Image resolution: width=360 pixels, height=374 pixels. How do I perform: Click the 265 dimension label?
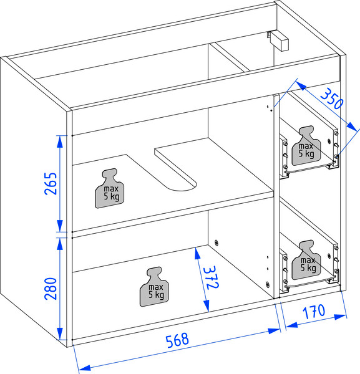pyautogui.click(x=51, y=183)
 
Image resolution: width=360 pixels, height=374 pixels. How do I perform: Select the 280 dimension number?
pyautogui.click(x=51, y=289)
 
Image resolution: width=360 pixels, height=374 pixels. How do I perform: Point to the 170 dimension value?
pyautogui.click(x=314, y=312)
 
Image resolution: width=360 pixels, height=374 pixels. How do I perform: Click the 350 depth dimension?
pyautogui.click(x=332, y=98)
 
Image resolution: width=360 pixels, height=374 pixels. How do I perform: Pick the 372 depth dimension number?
pyautogui.click(x=211, y=277)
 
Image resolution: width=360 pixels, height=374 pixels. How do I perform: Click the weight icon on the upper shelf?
pyautogui.click(x=110, y=188)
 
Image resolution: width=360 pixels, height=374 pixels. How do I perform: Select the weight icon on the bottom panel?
pyautogui.click(x=154, y=287)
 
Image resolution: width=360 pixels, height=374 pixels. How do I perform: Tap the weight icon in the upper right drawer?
pyautogui.click(x=306, y=145)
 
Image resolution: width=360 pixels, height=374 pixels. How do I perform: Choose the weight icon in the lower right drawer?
pyautogui.click(x=306, y=260)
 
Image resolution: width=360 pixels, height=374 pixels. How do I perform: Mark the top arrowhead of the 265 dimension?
pyautogui.click(x=60, y=141)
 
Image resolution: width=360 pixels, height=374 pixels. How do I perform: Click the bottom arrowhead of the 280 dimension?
pyautogui.click(x=60, y=333)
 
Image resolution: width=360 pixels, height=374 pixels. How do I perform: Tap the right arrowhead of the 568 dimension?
pyautogui.click(x=273, y=331)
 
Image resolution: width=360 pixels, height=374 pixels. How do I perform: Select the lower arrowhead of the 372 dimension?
pyautogui.click(x=207, y=305)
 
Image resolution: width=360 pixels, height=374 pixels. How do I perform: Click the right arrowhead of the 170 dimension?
pyautogui.click(x=341, y=317)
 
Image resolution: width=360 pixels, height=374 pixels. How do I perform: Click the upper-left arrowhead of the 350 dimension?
pyautogui.click(x=301, y=85)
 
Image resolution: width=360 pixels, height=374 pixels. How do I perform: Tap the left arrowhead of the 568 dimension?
pyautogui.click(x=85, y=368)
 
